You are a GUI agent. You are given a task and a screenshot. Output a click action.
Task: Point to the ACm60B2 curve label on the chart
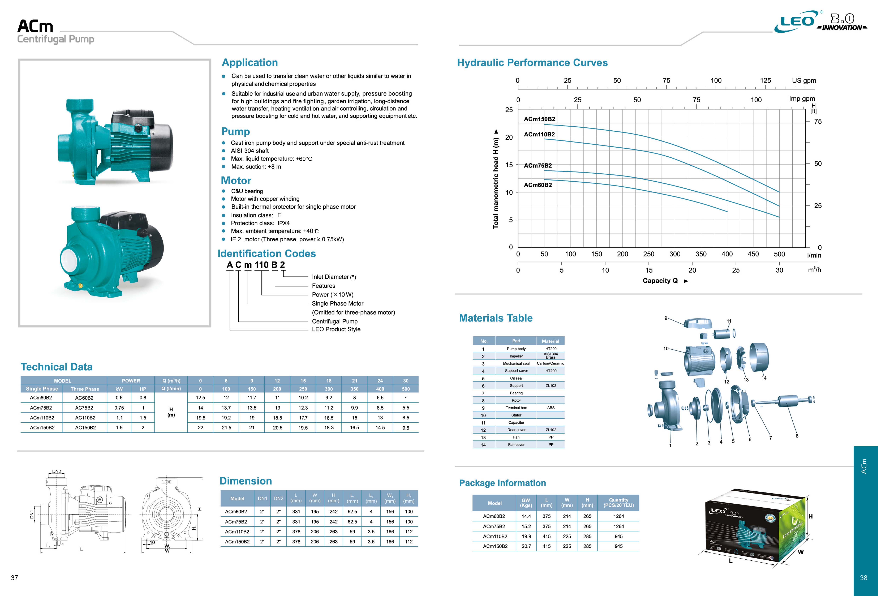[x=538, y=185]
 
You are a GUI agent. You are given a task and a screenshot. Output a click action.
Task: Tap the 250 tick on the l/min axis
[x=649, y=254]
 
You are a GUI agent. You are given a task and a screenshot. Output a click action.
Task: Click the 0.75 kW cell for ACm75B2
[x=119, y=408]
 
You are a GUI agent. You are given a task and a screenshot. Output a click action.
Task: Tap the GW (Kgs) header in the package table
[x=526, y=503]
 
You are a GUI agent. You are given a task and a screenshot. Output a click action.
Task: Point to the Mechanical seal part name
[x=516, y=364]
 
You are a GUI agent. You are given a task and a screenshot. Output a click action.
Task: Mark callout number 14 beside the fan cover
[x=764, y=378]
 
